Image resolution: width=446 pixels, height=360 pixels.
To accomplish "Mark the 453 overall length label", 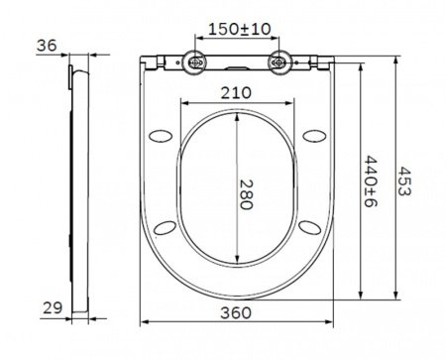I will click(404, 181).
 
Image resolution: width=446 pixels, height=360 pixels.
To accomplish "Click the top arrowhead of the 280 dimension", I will click(238, 112).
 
